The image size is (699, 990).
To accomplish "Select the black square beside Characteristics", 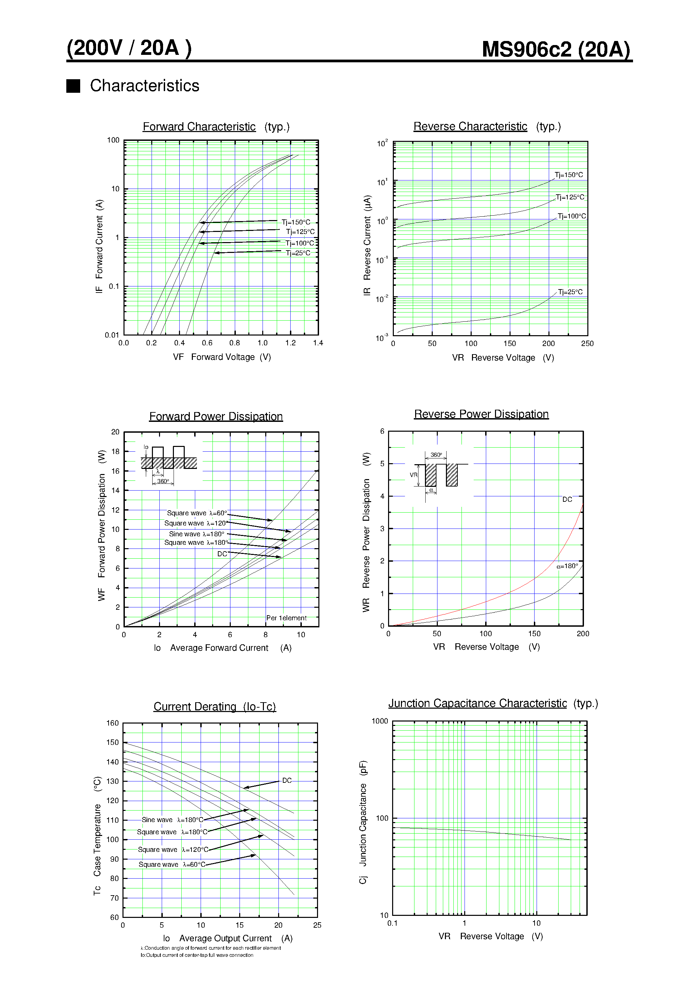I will (x=73, y=86).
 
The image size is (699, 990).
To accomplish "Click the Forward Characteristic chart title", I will (x=199, y=127).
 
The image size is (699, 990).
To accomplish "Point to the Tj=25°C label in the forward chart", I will (x=298, y=253).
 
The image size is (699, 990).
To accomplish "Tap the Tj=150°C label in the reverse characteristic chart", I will (x=568, y=175).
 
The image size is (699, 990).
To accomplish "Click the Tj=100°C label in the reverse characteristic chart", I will (x=571, y=216).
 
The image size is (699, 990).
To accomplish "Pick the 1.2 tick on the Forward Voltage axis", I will (x=290, y=343).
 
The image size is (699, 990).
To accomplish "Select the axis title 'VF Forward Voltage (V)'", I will (x=222, y=357).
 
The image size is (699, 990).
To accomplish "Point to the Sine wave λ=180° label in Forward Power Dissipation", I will (x=197, y=534).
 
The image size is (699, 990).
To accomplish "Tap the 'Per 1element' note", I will (x=286, y=618).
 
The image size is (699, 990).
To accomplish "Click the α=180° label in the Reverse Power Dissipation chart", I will (x=567, y=566).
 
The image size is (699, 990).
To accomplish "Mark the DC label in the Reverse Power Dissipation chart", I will (x=567, y=499).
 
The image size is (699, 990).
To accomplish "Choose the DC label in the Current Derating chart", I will (x=287, y=780).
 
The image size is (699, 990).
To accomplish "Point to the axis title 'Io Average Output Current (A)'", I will (x=228, y=938).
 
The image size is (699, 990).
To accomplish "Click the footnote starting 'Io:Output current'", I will (x=197, y=955).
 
